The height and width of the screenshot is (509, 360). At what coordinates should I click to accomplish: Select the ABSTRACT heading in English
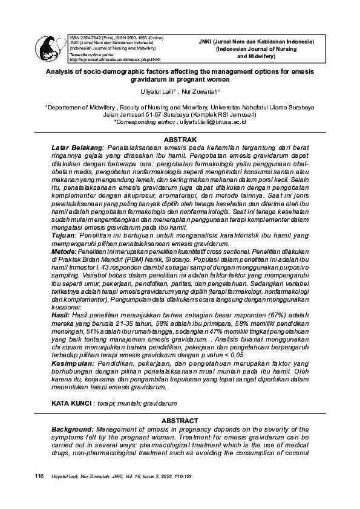[x=180, y=421]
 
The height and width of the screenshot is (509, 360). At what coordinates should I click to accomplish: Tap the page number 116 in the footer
[x=40, y=476]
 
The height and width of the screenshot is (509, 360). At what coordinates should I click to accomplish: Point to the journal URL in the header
[x=116, y=60]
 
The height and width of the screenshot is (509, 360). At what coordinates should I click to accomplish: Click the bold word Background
[x=73, y=429]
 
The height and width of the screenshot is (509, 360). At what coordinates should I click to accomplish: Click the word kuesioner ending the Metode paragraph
[x=67, y=306]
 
